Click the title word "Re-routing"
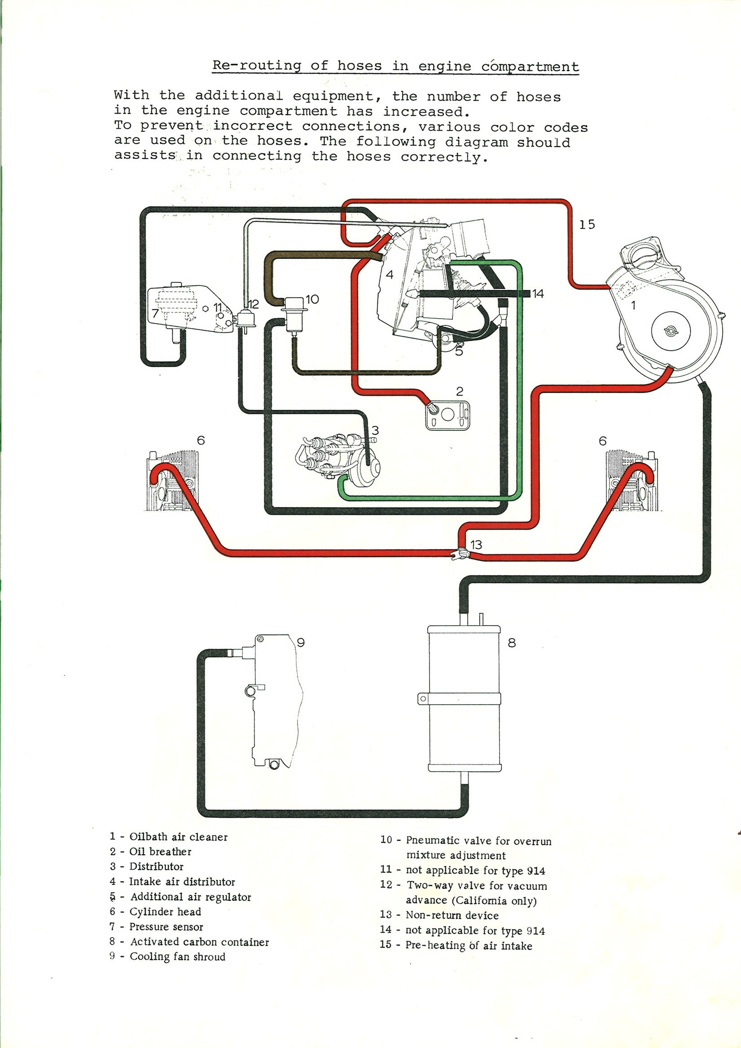[257, 65]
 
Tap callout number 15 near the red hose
[587, 224]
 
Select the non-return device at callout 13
[459, 554]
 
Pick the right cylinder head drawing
[633, 482]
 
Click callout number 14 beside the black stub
[538, 294]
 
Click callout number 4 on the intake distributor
[389, 274]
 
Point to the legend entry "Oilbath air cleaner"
[178, 837]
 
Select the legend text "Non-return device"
[452, 915]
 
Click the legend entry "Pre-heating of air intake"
[469, 945]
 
